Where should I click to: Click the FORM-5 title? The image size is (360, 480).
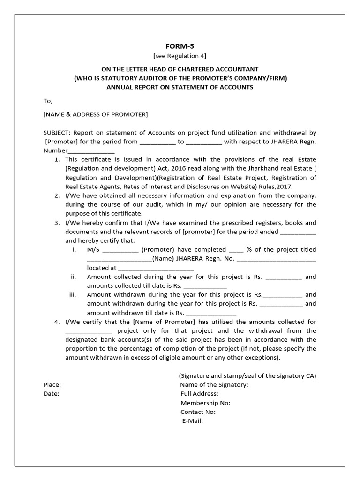(x=180, y=46)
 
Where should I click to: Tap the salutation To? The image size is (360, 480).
(x=48, y=101)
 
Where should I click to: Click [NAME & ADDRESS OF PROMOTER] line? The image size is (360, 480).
(x=96, y=114)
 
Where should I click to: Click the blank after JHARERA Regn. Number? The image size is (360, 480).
(x=91, y=151)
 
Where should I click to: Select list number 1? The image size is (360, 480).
(x=57, y=160)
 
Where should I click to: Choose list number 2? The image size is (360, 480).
(x=57, y=195)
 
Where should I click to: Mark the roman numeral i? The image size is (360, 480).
(x=74, y=249)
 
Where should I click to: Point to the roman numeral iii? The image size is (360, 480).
(x=73, y=295)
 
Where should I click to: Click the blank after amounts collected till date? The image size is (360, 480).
(x=205, y=286)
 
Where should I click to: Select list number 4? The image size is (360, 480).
(x=57, y=322)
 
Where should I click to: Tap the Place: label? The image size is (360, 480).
(x=52, y=385)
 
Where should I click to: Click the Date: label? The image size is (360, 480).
(x=52, y=394)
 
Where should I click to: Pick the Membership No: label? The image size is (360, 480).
(x=205, y=403)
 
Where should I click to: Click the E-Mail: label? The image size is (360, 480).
(x=192, y=421)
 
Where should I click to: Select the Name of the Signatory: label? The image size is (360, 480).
(x=214, y=385)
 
